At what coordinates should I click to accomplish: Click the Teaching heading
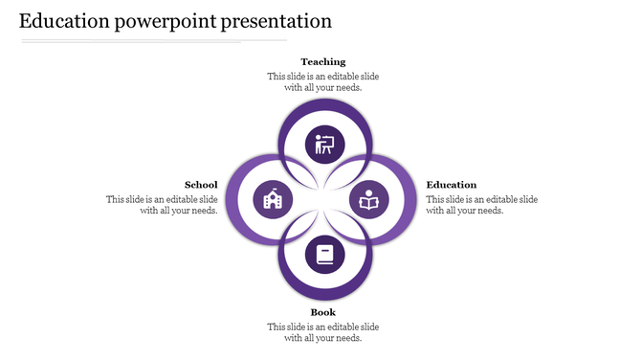(x=322, y=61)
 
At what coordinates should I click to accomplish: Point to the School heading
(x=201, y=185)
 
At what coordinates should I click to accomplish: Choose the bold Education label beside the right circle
(x=452, y=185)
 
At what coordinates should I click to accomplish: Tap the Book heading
(x=322, y=312)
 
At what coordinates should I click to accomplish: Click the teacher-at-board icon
(x=324, y=146)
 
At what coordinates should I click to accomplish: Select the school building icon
(x=271, y=200)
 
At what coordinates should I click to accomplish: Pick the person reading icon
(x=368, y=200)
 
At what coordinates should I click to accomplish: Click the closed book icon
(x=324, y=255)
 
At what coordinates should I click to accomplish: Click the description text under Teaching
(x=322, y=81)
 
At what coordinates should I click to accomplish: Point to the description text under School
(x=162, y=205)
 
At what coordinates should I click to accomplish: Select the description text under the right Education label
(x=482, y=205)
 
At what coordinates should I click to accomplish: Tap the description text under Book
(x=322, y=332)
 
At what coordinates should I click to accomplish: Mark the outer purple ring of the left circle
(x=232, y=200)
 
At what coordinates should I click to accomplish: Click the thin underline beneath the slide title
(x=153, y=41)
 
